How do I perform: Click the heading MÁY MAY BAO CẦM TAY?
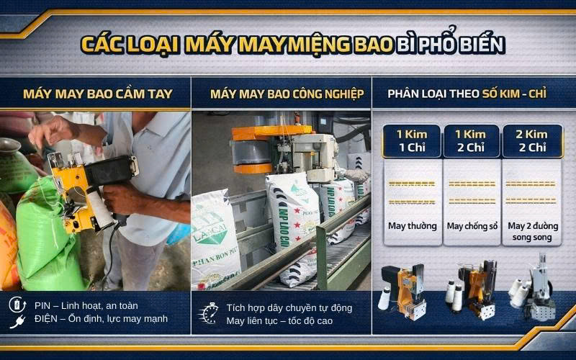(x=94, y=94)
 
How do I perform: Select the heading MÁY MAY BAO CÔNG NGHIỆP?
(x=287, y=94)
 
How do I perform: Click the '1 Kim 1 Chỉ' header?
(x=412, y=140)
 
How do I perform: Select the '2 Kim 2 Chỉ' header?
(x=530, y=140)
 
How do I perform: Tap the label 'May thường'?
(x=412, y=226)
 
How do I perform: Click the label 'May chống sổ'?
(x=472, y=226)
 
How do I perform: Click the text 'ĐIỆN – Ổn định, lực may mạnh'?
(x=100, y=319)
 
